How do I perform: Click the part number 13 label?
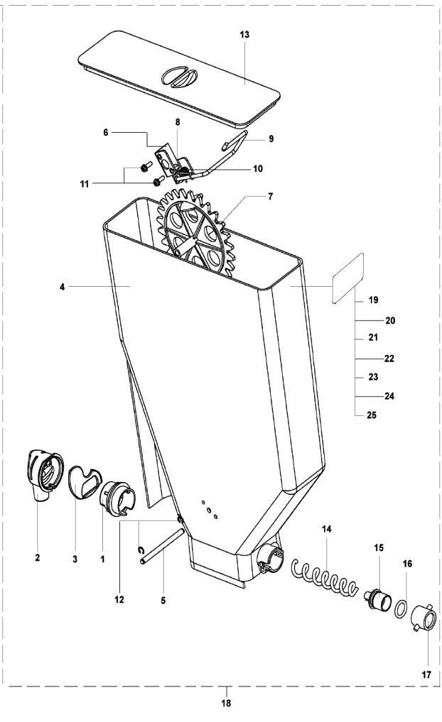(x=244, y=35)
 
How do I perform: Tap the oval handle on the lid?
(x=179, y=77)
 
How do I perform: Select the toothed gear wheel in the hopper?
(x=195, y=234)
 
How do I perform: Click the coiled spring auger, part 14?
(x=325, y=575)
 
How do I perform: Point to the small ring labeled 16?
(x=401, y=609)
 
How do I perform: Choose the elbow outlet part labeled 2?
(x=44, y=475)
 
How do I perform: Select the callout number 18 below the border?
(x=226, y=703)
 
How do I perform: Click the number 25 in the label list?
(x=372, y=415)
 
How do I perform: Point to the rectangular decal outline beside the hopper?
(x=348, y=278)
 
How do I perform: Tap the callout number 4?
(x=63, y=287)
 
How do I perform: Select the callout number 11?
(x=84, y=184)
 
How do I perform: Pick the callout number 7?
(x=271, y=197)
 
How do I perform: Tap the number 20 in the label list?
(x=390, y=320)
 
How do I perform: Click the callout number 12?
(x=119, y=599)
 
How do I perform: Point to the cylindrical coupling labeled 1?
(x=117, y=498)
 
